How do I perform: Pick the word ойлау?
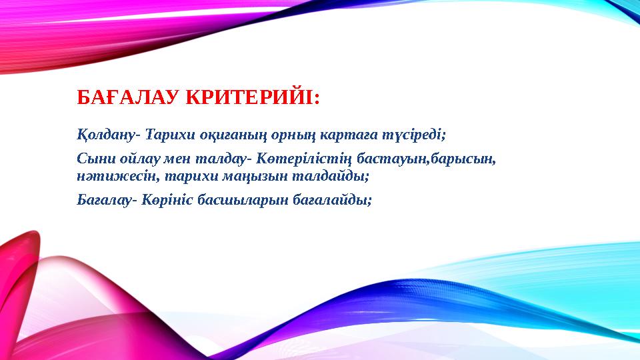tap(135, 161)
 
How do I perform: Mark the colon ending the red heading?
tap(316, 99)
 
